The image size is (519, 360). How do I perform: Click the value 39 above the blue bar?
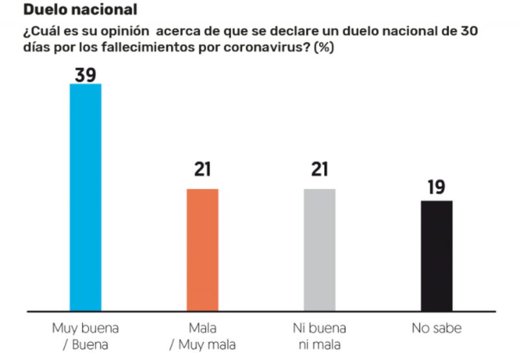pyautogui.click(x=85, y=75)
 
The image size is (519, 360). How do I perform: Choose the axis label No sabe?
pyautogui.click(x=436, y=328)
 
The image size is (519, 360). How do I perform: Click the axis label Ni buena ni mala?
pyautogui.click(x=319, y=336)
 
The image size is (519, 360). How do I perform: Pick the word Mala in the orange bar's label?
pyautogui.click(x=202, y=328)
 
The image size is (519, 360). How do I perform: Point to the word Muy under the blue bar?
pyautogui.click(x=63, y=328)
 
